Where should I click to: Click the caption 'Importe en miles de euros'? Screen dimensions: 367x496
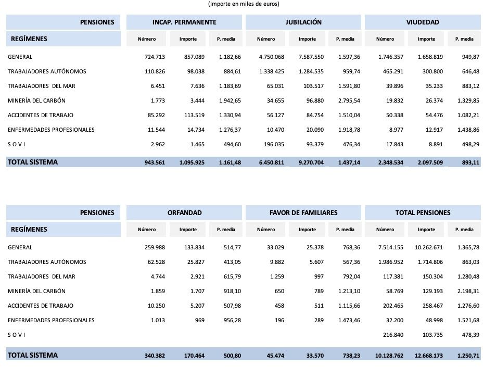(244, 4)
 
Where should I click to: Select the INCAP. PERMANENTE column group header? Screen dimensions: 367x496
(184, 22)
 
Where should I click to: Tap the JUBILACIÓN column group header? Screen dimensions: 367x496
(303, 22)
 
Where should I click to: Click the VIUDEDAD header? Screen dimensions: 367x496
(423, 22)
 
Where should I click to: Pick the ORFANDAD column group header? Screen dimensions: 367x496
(184, 213)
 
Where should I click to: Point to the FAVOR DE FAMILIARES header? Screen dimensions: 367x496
(303, 213)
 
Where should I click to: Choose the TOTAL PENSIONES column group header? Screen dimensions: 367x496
(423, 213)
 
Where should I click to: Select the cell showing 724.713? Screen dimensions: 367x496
(155, 57)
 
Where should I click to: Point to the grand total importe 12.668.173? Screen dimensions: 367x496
(429, 356)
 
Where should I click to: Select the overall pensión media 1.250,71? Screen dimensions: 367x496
(467, 356)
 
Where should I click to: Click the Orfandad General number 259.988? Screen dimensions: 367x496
(155, 247)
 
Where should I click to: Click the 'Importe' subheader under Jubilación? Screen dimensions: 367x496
(307, 39)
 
